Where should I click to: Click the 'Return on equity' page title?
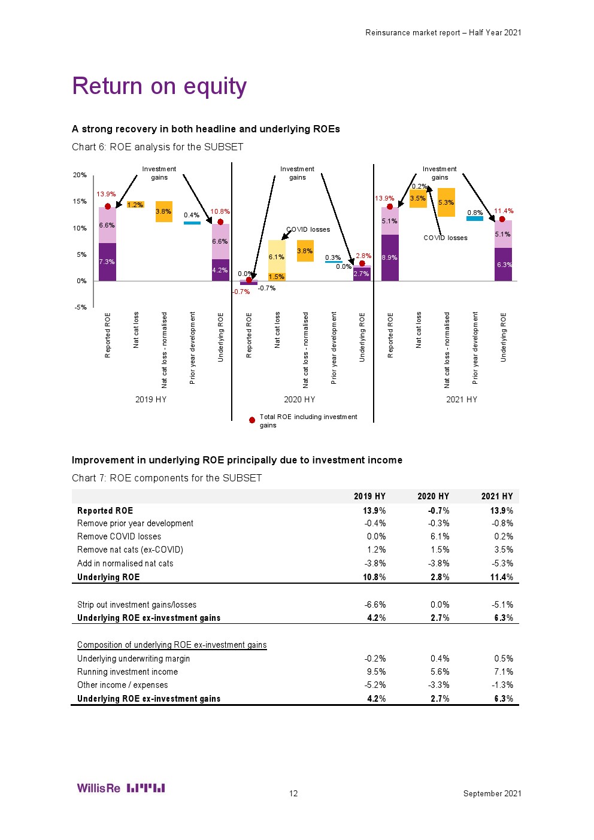[x=159, y=86]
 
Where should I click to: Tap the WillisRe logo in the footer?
[x=121, y=788]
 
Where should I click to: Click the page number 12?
[x=293, y=793]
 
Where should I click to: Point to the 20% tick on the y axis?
[x=80, y=175]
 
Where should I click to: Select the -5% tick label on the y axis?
[x=80, y=307]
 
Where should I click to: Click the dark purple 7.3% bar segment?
[x=107, y=262]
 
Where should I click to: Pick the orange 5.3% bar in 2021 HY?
[x=446, y=202]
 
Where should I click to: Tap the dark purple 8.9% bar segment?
[x=390, y=258]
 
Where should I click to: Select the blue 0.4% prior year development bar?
[x=192, y=223]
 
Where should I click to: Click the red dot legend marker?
[x=252, y=420]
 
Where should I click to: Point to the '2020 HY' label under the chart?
[x=299, y=399]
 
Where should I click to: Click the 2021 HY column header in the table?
[x=497, y=496]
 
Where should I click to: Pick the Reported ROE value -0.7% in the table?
[x=439, y=511]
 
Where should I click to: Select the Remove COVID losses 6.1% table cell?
[x=440, y=536]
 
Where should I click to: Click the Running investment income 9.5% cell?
[x=376, y=672]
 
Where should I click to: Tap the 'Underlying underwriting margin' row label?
[x=134, y=659]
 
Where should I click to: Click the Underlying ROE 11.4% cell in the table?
[x=501, y=577]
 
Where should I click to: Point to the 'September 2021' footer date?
[x=492, y=793]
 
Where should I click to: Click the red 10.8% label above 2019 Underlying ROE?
[x=220, y=211]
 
